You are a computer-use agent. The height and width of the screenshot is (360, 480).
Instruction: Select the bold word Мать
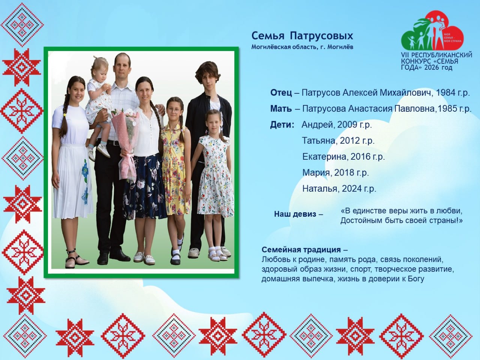point(281,109)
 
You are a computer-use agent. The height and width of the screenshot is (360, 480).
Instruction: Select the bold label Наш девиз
point(295,214)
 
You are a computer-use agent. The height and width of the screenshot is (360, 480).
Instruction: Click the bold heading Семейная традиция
point(301,249)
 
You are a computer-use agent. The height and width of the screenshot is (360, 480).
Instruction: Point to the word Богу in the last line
point(416,279)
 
